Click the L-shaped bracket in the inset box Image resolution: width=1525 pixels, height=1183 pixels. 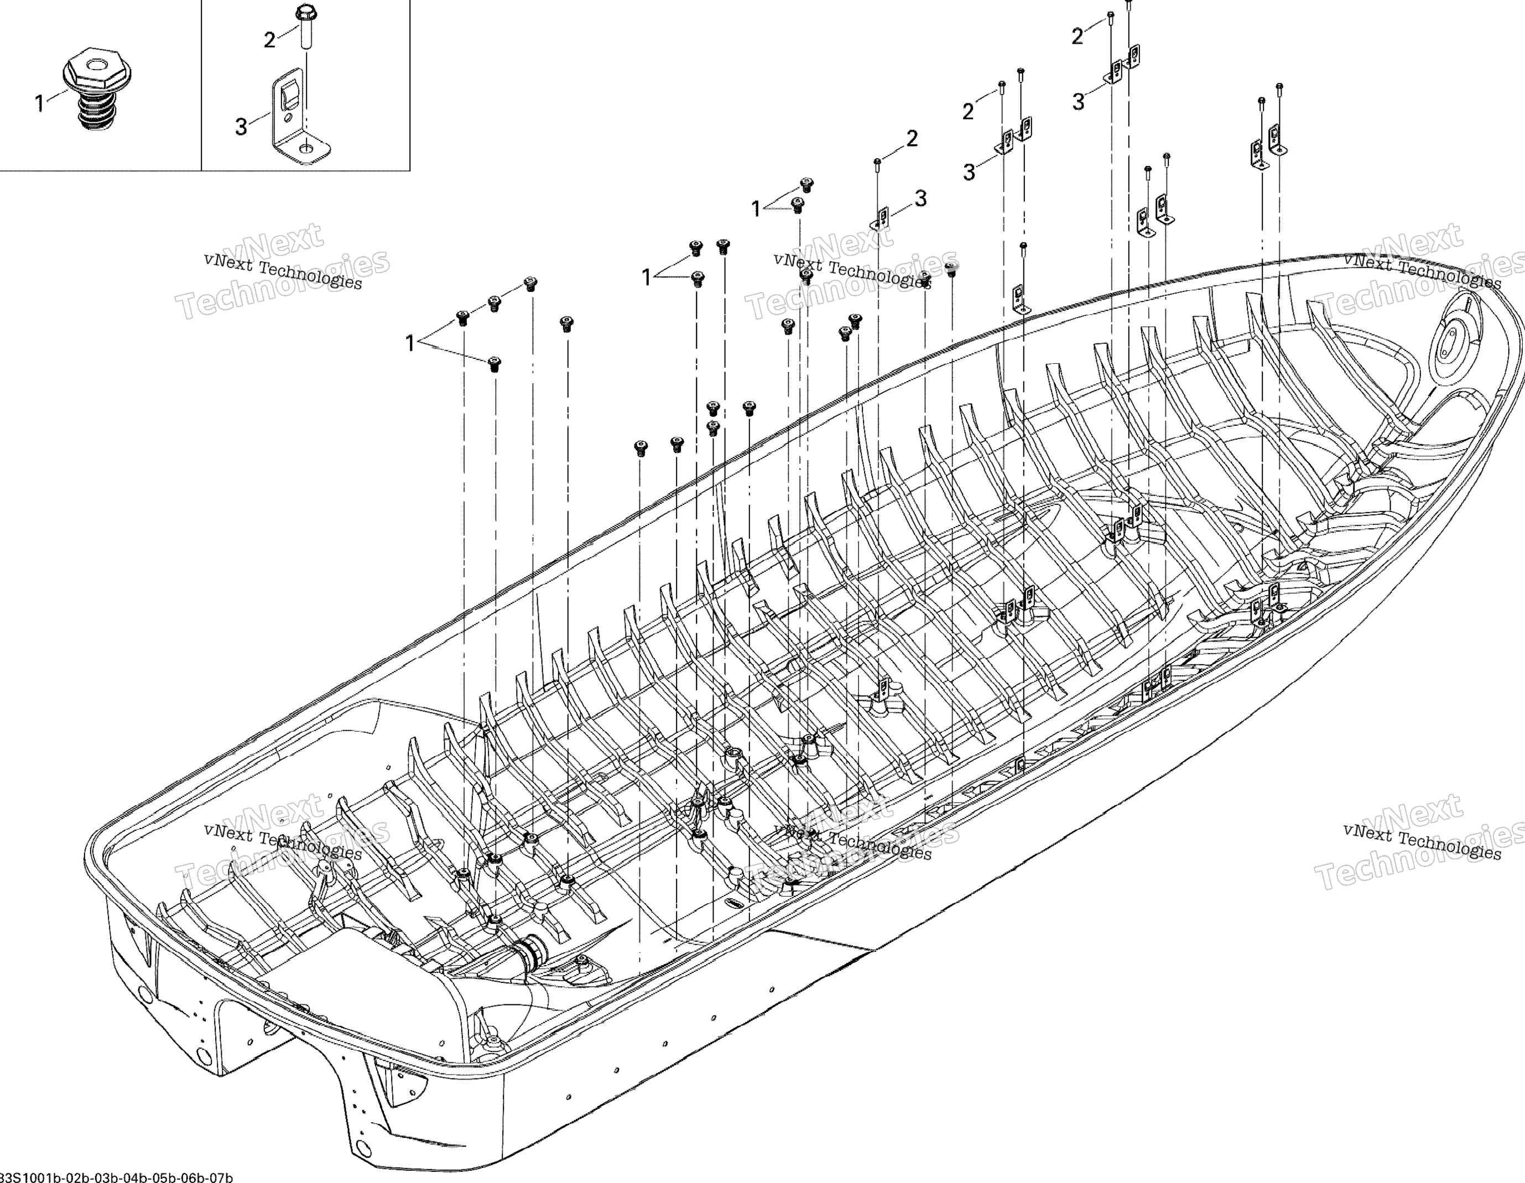(x=297, y=119)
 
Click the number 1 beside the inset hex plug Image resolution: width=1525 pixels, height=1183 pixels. (x=40, y=104)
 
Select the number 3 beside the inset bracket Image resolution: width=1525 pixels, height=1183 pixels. (x=241, y=127)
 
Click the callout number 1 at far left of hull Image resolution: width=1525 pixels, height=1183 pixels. (x=410, y=343)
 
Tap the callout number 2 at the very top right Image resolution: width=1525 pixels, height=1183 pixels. (x=1078, y=37)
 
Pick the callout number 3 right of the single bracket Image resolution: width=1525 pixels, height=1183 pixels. (x=921, y=199)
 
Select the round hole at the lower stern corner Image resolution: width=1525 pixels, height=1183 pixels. (x=362, y=1146)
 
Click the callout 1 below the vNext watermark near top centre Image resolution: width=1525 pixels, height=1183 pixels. (x=756, y=209)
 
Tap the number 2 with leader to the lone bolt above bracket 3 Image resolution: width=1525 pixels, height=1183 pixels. (x=912, y=139)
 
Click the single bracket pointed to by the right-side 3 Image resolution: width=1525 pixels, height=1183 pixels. (x=881, y=218)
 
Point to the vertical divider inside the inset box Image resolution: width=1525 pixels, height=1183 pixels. (x=202, y=84)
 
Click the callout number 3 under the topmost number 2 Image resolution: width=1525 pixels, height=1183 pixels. (x=1079, y=102)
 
